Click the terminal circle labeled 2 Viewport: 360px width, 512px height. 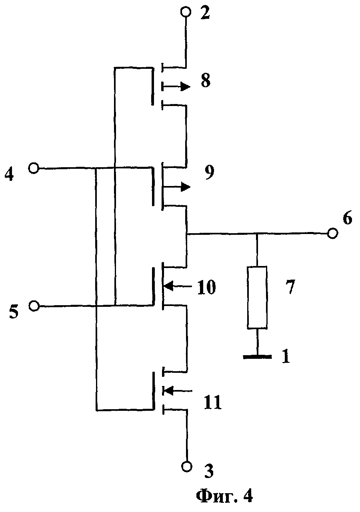185,13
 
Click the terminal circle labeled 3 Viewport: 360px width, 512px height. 186,466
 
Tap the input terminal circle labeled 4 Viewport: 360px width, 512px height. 34,168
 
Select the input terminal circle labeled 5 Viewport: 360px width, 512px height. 34,306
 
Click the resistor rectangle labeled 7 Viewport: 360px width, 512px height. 257,298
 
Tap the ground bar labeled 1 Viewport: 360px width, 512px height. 257,356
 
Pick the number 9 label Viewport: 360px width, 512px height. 209,173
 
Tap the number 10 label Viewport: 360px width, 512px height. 206,287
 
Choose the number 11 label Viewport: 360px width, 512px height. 212,402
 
